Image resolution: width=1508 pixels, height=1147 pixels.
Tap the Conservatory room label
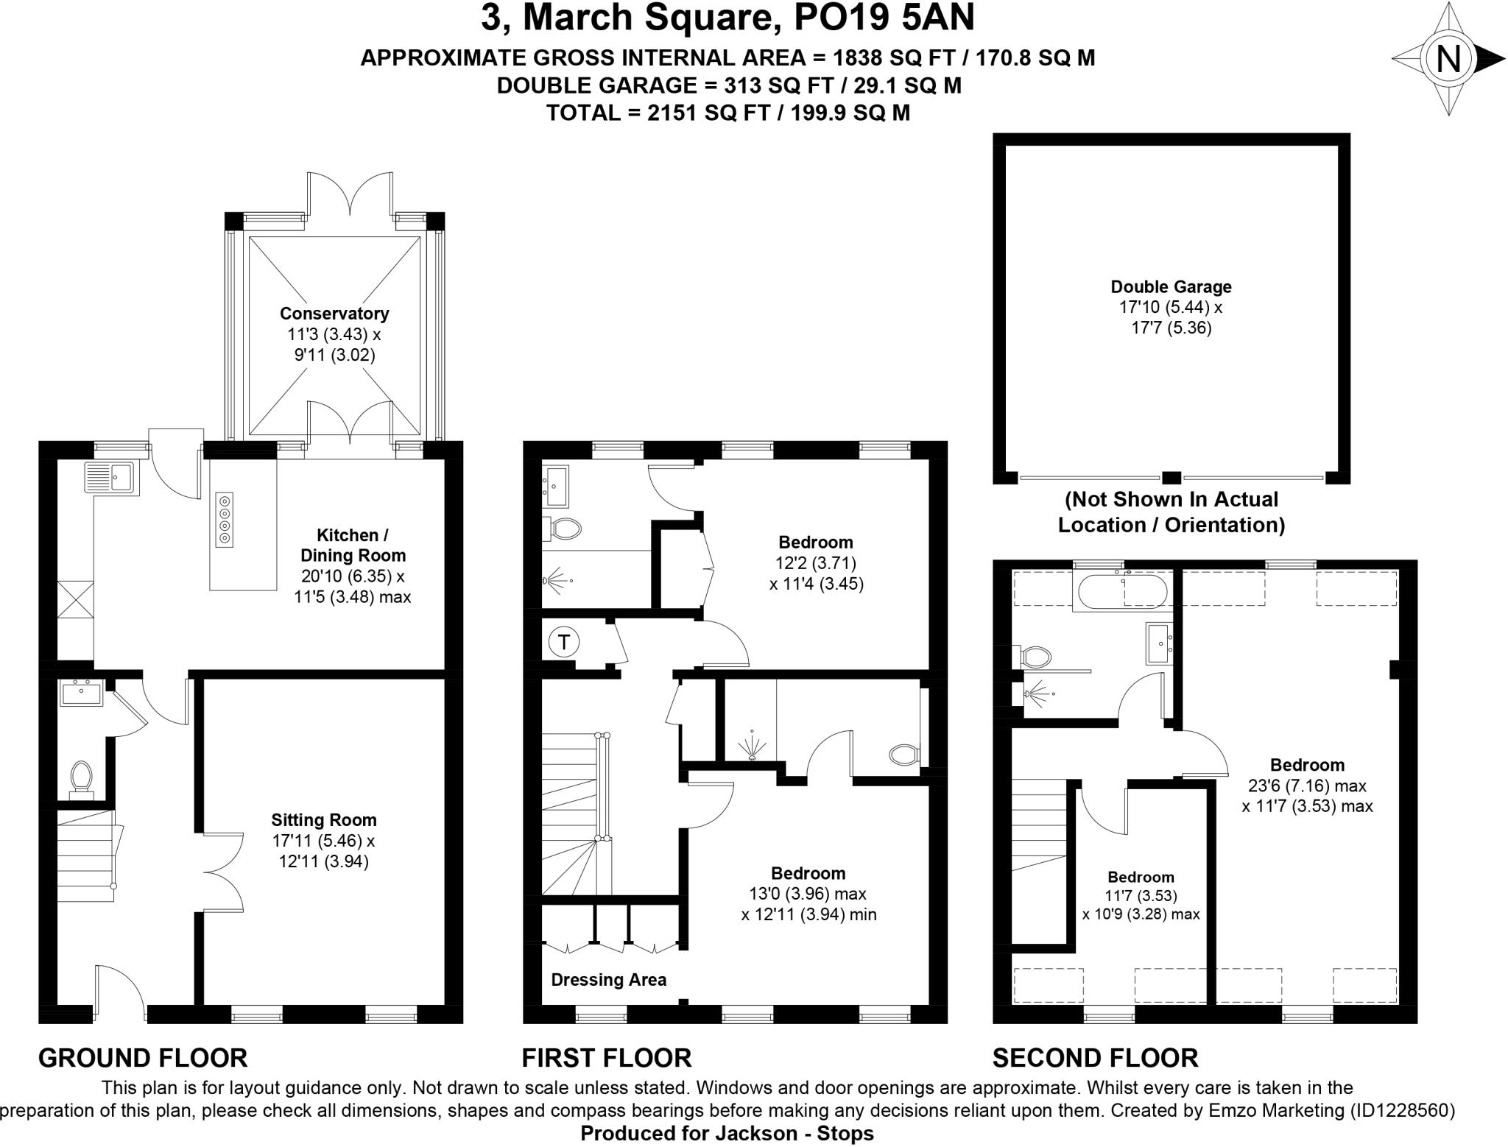pos(334,314)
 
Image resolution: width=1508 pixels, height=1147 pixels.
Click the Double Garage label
pos(1171,287)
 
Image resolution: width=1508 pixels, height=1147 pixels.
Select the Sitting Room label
pos(323,820)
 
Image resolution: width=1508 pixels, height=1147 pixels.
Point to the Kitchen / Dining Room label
pos(352,546)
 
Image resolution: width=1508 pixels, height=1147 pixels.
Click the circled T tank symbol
pos(564,642)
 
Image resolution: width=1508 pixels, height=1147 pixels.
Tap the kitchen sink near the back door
pos(108,477)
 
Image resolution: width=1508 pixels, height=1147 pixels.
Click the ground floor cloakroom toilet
pos(81,779)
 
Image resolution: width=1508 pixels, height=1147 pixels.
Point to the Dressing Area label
pos(608,980)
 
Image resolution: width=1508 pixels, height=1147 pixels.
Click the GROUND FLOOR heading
pos(143,1058)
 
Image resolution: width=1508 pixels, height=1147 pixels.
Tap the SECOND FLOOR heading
pos(1095,1058)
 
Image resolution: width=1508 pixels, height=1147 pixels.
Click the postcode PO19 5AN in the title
pos(884,18)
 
